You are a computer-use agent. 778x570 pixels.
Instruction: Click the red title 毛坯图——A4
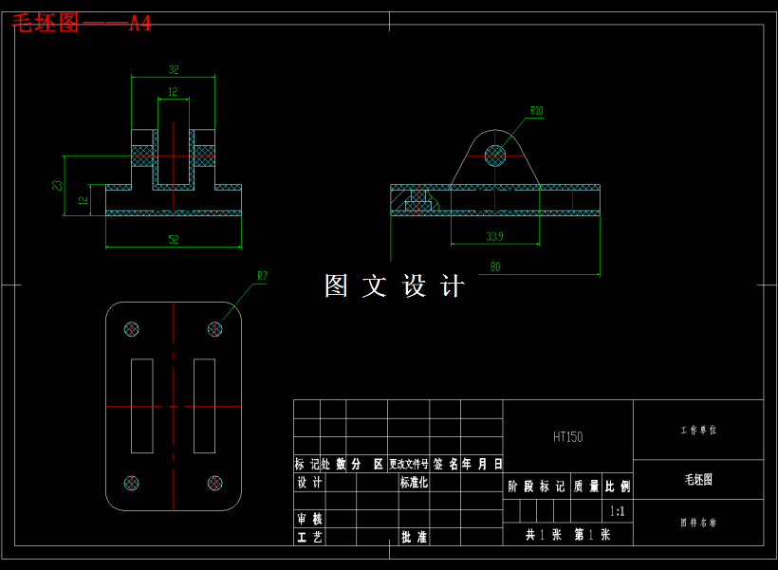pos(82,24)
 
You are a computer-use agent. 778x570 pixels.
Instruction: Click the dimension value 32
pos(174,69)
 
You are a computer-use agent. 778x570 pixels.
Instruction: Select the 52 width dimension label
pos(174,240)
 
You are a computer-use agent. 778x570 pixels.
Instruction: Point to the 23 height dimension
pos(57,186)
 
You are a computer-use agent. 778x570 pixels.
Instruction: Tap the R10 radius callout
pos(537,111)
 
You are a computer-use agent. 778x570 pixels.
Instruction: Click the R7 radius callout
pos(263,276)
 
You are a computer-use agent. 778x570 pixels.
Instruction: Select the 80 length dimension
pos(495,267)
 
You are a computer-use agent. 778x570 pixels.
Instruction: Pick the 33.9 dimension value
pos(494,236)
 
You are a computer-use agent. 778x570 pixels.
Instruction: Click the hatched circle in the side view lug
pos(495,155)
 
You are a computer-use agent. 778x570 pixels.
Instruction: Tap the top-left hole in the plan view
pos(132,329)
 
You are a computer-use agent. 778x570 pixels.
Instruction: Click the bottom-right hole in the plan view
pos(215,483)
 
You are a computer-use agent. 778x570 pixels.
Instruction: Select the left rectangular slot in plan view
pos(142,406)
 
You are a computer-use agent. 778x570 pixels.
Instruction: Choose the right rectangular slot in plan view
pos(204,406)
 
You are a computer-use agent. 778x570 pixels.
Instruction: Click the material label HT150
pos(567,437)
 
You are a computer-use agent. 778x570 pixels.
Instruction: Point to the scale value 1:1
pos(617,511)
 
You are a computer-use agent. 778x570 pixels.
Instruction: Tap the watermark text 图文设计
pos(394,286)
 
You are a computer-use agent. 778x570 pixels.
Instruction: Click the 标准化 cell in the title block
pos(414,483)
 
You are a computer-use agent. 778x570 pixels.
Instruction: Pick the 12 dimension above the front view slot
pos(173,92)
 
